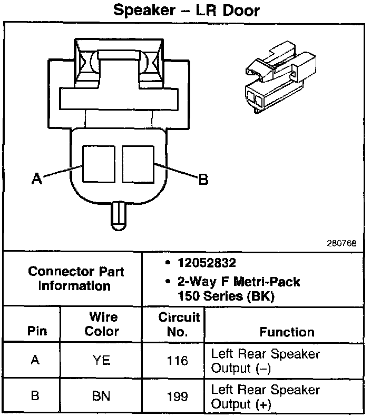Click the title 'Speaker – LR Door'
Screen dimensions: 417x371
pos(187,11)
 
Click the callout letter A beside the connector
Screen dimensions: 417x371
pos(36,180)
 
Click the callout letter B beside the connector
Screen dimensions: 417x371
pos(202,180)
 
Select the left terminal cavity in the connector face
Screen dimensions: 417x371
pos(99,163)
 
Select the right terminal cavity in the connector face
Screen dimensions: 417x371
pos(138,163)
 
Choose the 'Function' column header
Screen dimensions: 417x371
pos(287,332)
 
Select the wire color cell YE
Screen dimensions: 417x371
pos(102,361)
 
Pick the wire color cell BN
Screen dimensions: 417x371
pos(102,396)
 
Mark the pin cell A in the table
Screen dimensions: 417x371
pos(35,361)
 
